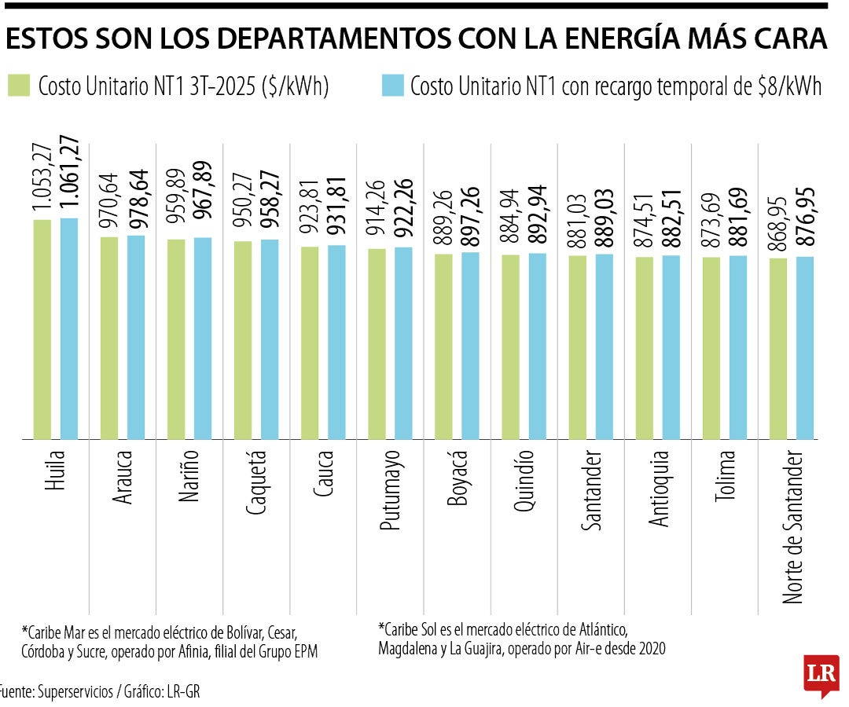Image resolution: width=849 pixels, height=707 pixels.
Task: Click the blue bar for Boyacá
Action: click(x=470, y=345)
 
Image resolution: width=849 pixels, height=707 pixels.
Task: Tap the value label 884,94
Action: click(x=511, y=220)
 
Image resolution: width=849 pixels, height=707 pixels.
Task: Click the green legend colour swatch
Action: click(x=18, y=86)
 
